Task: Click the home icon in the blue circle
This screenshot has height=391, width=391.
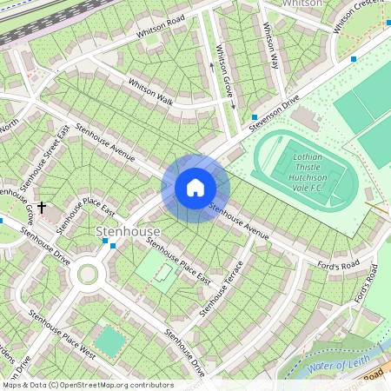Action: click(x=195, y=189)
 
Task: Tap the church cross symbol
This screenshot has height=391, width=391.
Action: click(x=42, y=209)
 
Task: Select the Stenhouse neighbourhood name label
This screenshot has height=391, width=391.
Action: click(x=128, y=232)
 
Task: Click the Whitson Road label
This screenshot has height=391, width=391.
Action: click(x=161, y=26)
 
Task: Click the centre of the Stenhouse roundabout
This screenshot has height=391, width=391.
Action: click(x=87, y=275)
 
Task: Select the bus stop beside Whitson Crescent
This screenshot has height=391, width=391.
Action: click(x=353, y=59)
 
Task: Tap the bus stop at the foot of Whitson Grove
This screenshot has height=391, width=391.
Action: click(x=253, y=116)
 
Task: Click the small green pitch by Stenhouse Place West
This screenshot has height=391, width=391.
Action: click(x=109, y=341)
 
